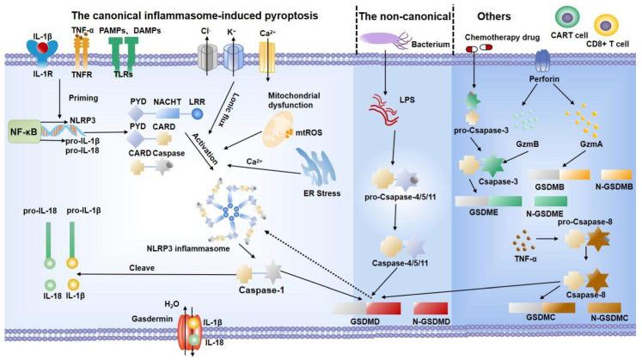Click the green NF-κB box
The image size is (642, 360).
click(x=26, y=133)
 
